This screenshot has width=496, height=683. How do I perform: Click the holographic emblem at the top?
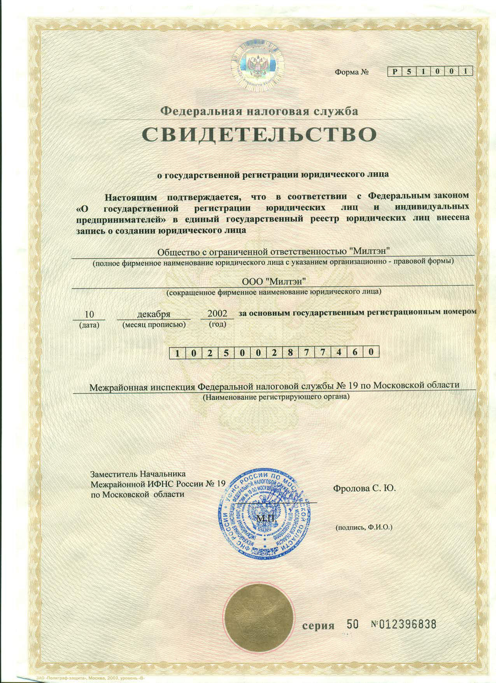(x=256, y=67)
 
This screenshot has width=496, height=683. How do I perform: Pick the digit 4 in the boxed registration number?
(x=339, y=353)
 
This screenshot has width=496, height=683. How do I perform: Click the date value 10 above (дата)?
(x=89, y=314)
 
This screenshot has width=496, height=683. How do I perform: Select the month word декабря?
(x=154, y=314)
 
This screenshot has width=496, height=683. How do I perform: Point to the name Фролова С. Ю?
(x=365, y=488)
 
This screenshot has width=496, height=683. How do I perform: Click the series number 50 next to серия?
(x=352, y=625)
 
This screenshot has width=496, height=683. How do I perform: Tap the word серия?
(x=319, y=626)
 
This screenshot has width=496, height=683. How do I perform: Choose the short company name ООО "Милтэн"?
(x=273, y=281)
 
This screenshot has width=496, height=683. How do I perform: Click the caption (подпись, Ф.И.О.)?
(x=364, y=528)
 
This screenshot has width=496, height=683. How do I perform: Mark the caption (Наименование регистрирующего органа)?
(x=276, y=397)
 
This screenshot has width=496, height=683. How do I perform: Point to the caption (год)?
(x=217, y=324)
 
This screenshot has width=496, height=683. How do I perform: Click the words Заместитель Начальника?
(x=138, y=474)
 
